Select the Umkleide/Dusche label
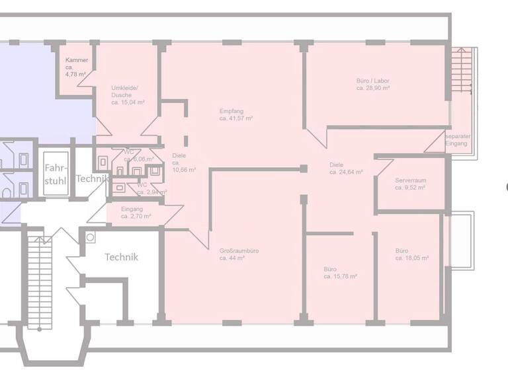127,95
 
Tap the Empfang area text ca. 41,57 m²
236,118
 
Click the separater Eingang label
458,139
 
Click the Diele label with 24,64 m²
345,168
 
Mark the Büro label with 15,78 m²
340,273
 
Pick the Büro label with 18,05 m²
411,254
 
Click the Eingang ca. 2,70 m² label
136,213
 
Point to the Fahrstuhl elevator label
54,174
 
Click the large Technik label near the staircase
122,258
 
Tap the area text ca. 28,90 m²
373,88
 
